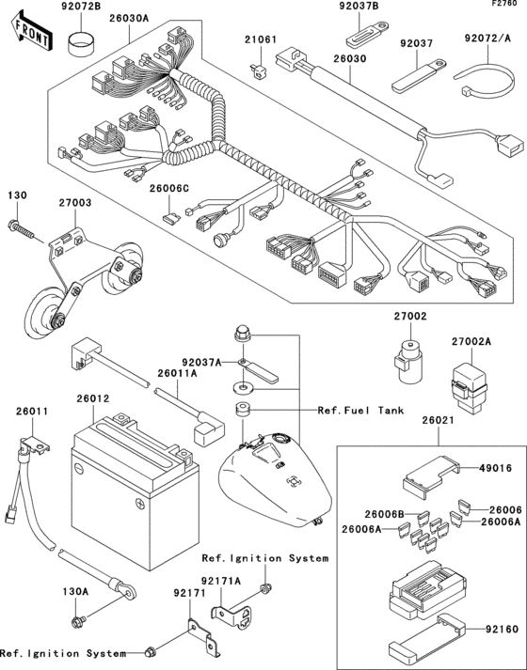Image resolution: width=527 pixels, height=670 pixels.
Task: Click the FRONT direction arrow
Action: pyautogui.click(x=29, y=35)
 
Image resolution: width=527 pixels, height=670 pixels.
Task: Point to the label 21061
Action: pyautogui.click(x=261, y=39)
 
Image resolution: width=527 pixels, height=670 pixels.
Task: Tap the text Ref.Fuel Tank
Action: pyautogui.click(x=361, y=411)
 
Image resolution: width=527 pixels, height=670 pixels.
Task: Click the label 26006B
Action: pyautogui.click(x=385, y=514)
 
